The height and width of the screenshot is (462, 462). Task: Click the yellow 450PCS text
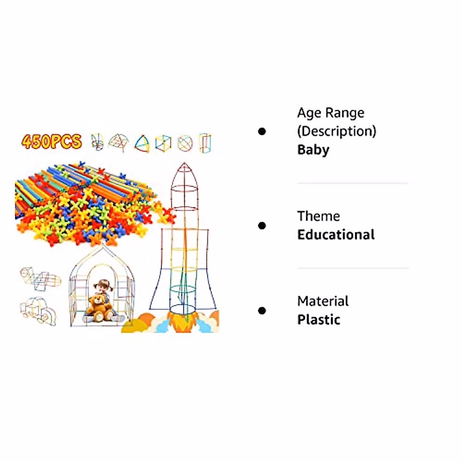click(52, 142)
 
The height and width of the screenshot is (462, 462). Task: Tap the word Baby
click(313, 150)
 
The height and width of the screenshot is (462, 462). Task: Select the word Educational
click(336, 235)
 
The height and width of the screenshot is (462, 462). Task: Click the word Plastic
click(318, 320)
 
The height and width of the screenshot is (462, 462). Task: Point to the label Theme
click(318, 216)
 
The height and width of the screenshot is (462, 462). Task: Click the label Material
click(323, 301)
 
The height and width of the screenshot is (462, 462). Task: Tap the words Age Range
click(330, 113)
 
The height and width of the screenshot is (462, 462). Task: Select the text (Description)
click(336, 131)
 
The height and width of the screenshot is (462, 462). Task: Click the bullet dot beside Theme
click(262, 225)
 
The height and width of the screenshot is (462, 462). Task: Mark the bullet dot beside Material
click(262, 310)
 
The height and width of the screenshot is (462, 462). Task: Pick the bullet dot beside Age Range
click(262, 131)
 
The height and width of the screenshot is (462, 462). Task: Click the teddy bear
click(99, 307)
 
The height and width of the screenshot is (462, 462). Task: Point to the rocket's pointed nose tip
click(184, 164)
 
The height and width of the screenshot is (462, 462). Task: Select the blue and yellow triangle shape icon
click(142, 144)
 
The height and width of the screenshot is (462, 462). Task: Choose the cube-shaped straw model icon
click(163, 143)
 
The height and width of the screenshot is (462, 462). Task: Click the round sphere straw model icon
click(184, 143)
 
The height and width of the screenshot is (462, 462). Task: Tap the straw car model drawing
click(38, 311)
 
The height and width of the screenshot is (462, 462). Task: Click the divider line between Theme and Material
click(352, 268)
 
